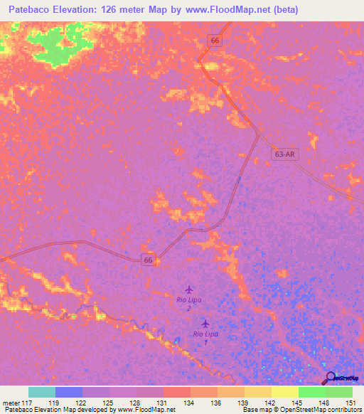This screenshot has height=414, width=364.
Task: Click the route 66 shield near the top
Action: [x=215, y=41]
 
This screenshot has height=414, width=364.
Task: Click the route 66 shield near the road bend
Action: [x=148, y=260]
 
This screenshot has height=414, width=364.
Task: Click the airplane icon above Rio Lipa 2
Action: [x=188, y=290]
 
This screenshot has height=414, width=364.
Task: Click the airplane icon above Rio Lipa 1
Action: [x=205, y=324]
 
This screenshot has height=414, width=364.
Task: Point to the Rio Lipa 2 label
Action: [x=188, y=304]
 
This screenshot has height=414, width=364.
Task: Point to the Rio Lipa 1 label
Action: [x=205, y=338]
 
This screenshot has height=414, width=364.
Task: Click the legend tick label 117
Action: [x=29, y=402]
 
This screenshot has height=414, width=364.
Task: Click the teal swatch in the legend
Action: [x=42, y=392]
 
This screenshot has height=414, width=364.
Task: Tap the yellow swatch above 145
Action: [x=285, y=392]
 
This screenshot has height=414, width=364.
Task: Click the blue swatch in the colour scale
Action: [x=69, y=392]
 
